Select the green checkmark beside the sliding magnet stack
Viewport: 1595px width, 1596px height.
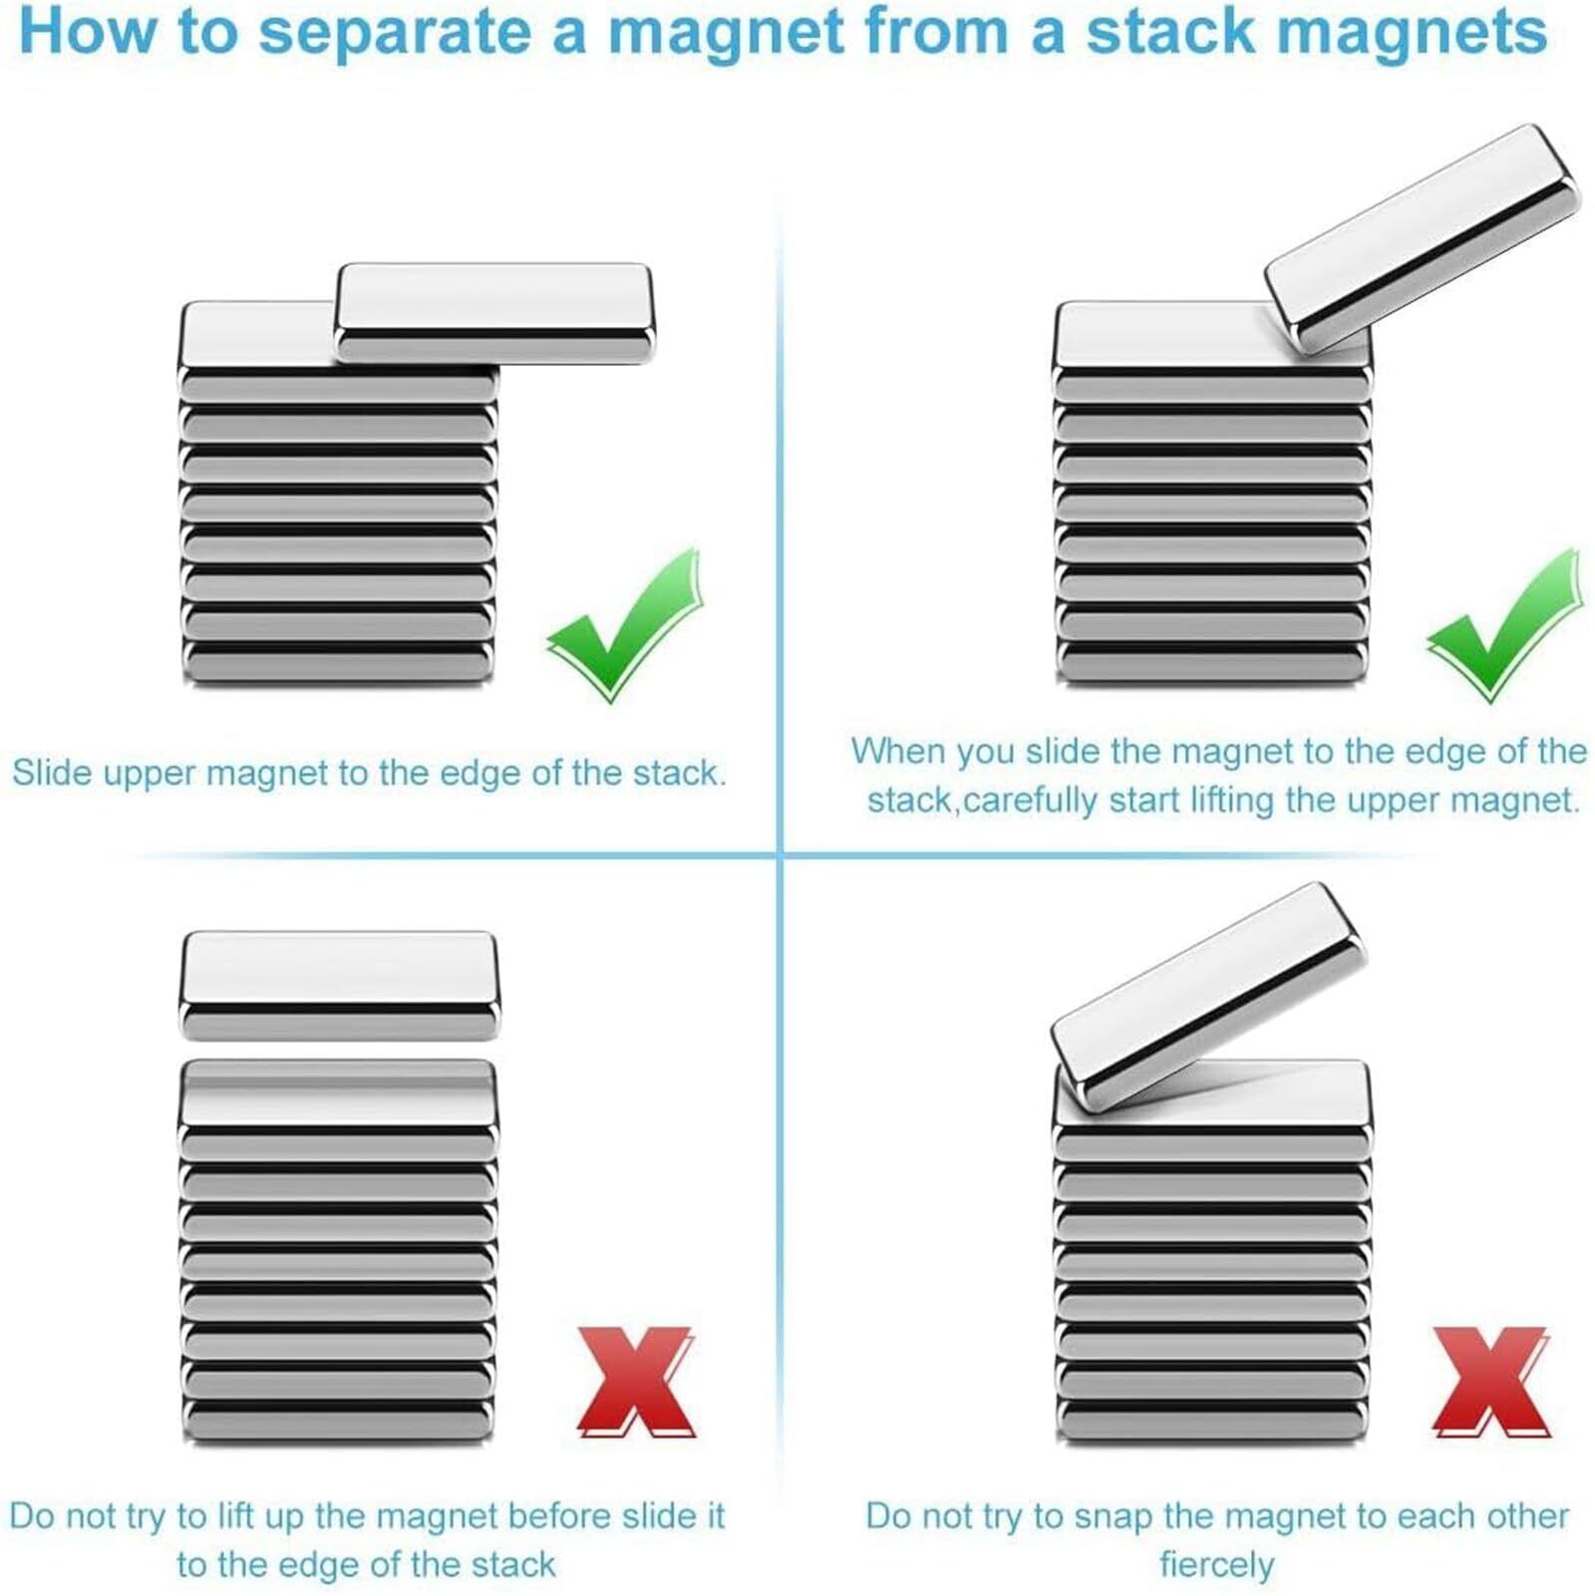pyautogui.click(x=625, y=625)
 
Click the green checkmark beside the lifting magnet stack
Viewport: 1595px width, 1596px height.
pyautogui.click(x=1505, y=625)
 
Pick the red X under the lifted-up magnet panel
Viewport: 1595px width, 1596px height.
pyautogui.click(x=636, y=1382)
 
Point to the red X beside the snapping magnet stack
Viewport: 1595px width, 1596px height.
pyautogui.click(x=1491, y=1382)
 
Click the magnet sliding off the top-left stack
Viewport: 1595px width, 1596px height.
pyautogui.click(x=494, y=313)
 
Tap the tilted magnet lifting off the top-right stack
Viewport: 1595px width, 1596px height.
pyautogui.click(x=1423, y=239)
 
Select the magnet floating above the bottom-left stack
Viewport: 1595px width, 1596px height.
pyautogui.click(x=339, y=985)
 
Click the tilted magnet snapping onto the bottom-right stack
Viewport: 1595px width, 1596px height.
pyautogui.click(x=1209, y=997)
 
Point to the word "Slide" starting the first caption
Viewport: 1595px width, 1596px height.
pyautogui.click(x=53, y=773)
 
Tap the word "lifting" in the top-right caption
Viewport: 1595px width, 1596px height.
pyautogui.click(x=1232, y=799)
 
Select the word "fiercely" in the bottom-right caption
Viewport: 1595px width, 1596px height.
pyautogui.click(x=1216, y=1564)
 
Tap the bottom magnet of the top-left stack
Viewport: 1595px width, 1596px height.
pyautogui.click(x=339, y=662)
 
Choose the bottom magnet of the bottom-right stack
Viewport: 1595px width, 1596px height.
pyautogui.click(x=1211, y=1420)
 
